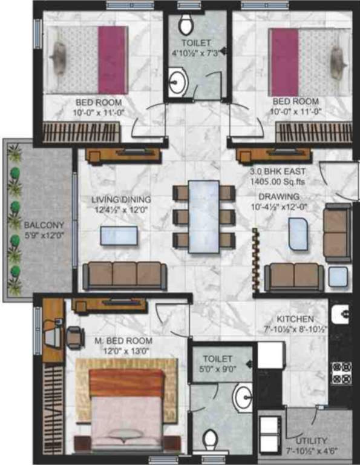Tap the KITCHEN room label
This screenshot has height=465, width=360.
295,319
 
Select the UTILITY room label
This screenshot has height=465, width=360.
312,440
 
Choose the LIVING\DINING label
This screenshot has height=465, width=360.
122,199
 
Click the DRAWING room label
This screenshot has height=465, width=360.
279,196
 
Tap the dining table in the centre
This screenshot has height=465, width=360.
203,216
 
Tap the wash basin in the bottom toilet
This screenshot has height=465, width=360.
244,398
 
